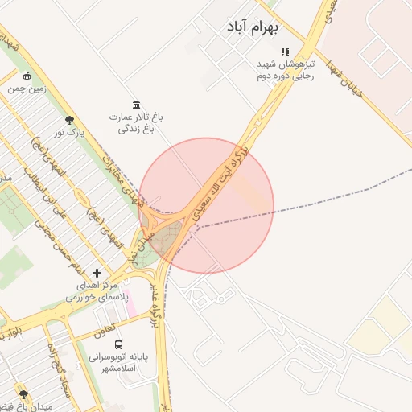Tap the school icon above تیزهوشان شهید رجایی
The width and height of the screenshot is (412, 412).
pyautogui.click(x=284, y=52)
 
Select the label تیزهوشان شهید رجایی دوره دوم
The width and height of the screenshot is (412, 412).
pyautogui.click(x=284, y=70)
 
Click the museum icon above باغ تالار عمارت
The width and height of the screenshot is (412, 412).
pyautogui.click(x=136, y=105)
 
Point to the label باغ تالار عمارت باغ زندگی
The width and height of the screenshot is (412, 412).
pyautogui.click(x=136, y=122)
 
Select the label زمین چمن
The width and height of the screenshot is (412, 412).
pyautogui.click(x=27, y=89)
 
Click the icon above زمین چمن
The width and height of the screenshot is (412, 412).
pyautogui.click(x=27, y=76)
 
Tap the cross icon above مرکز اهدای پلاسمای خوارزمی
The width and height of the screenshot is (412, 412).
pyautogui.click(x=97, y=274)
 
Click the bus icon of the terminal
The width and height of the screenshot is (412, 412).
pyautogui.click(x=119, y=344)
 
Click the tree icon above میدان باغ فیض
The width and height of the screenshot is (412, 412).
pyautogui.click(x=23, y=394)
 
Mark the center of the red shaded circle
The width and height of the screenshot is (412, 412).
pyautogui.click(x=207, y=205)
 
